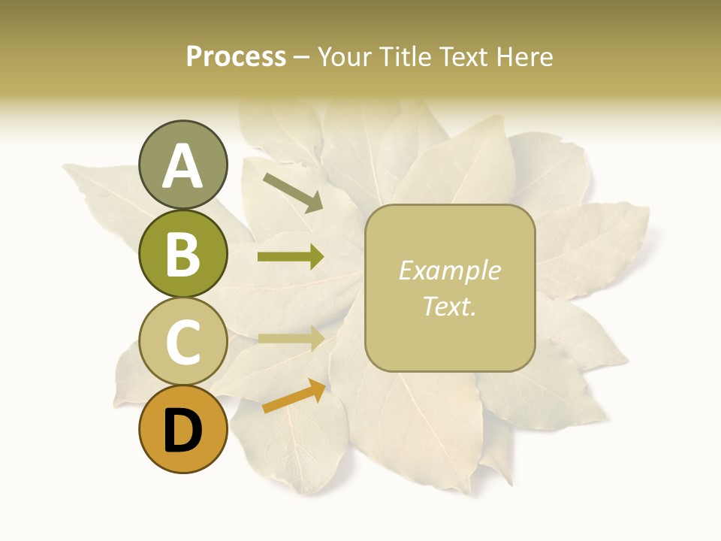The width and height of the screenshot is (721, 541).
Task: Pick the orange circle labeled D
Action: click(x=183, y=430)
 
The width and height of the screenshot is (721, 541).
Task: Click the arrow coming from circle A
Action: click(x=293, y=192)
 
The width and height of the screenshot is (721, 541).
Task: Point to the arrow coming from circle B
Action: click(x=291, y=257)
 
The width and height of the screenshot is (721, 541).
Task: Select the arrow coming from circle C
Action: click(x=291, y=338)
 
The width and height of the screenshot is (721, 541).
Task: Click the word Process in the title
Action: click(x=236, y=56)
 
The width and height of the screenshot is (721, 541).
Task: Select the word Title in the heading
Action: click(x=399, y=56)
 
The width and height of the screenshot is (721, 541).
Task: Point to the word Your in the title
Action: click(x=345, y=56)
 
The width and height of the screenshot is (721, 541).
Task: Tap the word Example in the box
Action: click(x=450, y=270)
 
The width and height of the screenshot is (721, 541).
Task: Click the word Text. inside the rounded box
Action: click(x=450, y=306)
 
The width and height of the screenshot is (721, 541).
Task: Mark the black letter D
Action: click(x=183, y=431)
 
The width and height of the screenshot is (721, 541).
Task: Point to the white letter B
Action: click(x=183, y=254)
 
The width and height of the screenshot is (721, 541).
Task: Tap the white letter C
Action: click(x=183, y=343)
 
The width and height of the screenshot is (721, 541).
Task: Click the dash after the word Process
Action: click(x=302, y=57)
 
